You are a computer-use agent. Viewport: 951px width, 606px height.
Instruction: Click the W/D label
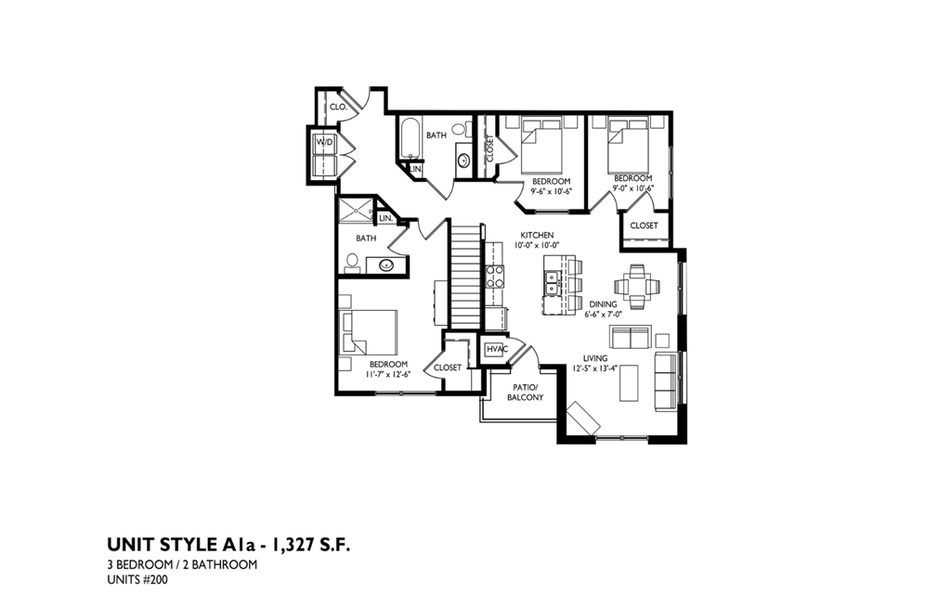[x=324, y=142]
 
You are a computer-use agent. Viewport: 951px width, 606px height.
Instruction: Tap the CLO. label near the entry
[x=338, y=108]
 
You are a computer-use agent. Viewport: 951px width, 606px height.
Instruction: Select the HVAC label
[x=495, y=349]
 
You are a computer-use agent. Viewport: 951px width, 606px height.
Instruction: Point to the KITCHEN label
[x=537, y=235]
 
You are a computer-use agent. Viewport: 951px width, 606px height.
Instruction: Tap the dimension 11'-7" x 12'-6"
[x=387, y=374]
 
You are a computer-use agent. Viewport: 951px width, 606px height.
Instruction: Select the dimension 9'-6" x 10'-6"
[x=551, y=191]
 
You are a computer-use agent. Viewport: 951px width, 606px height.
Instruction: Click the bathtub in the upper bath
[x=409, y=141]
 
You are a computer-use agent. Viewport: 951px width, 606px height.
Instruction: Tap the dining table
[x=637, y=286]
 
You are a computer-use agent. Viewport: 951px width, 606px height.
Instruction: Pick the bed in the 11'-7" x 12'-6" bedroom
[x=372, y=331]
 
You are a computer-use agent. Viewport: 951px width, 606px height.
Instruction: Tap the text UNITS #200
[x=137, y=581]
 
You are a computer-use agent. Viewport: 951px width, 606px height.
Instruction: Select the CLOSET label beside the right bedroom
[x=644, y=226]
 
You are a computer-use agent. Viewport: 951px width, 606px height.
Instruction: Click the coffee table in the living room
[x=629, y=381]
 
